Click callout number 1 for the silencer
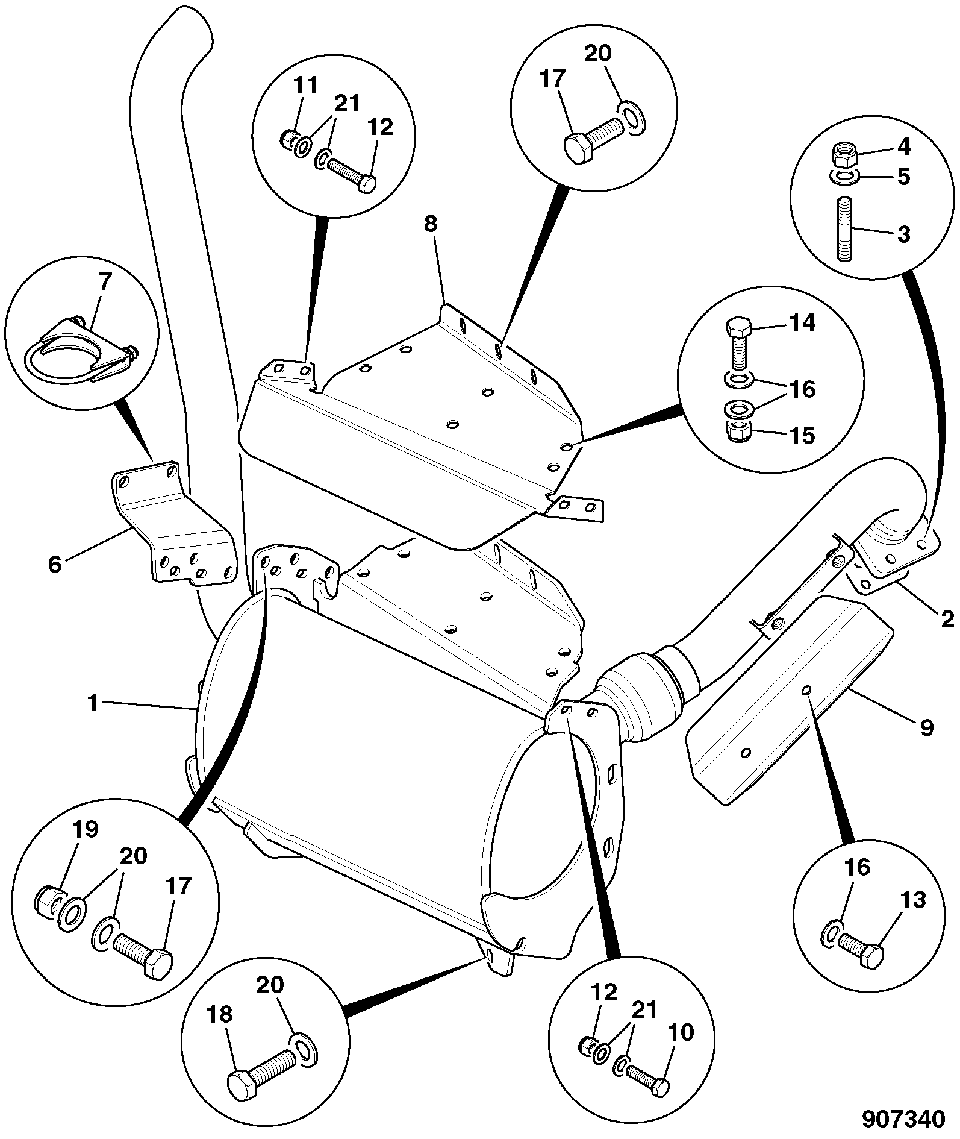(x=92, y=702)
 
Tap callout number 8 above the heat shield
(x=430, y=224)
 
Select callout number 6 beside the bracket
(x=55, y=565)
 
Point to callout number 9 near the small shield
(x=926, y=727)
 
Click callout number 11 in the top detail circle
(x=307, y=86)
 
